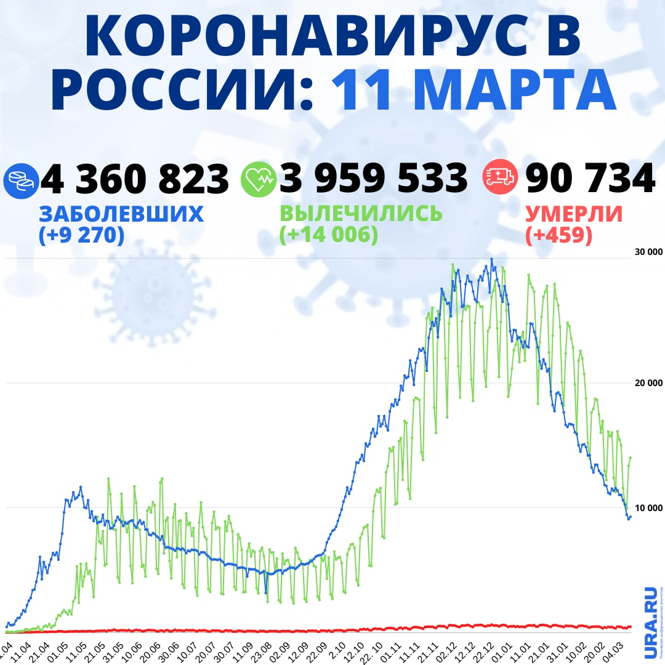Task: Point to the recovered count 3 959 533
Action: [373, 179]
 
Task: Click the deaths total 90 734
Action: [589, 179]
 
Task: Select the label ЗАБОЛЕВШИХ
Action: [121, 214]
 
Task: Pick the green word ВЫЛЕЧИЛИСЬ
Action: [361, 214]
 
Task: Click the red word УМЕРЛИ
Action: [573, 214]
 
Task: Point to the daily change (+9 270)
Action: [81, 235]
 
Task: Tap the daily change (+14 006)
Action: [328, 235]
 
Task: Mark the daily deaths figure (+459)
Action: [559, 235]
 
